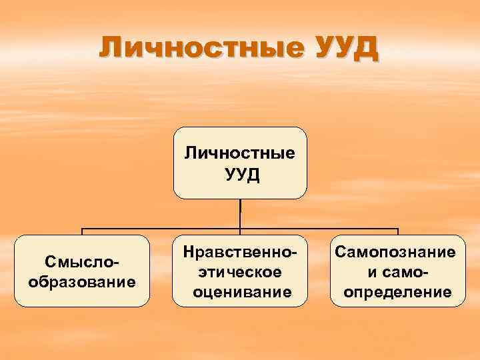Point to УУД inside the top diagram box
coord(240,175)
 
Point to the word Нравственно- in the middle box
coord(240,253)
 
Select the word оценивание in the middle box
coord(240,291)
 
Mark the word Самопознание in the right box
coord(398,253)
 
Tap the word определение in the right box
coord(398,291)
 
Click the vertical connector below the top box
coord(240,213)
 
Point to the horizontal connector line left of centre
coord(160,229)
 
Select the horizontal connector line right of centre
coord(320,229)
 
